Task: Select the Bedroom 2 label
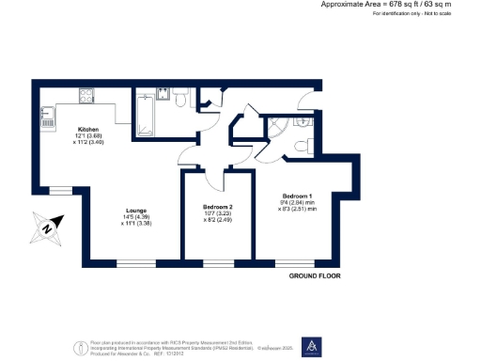click(x=218, y=207)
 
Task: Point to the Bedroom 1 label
click(x=298, y=195)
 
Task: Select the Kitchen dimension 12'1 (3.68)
click(x=90, y=136)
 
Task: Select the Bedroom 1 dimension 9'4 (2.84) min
click(x=298, y=202)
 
